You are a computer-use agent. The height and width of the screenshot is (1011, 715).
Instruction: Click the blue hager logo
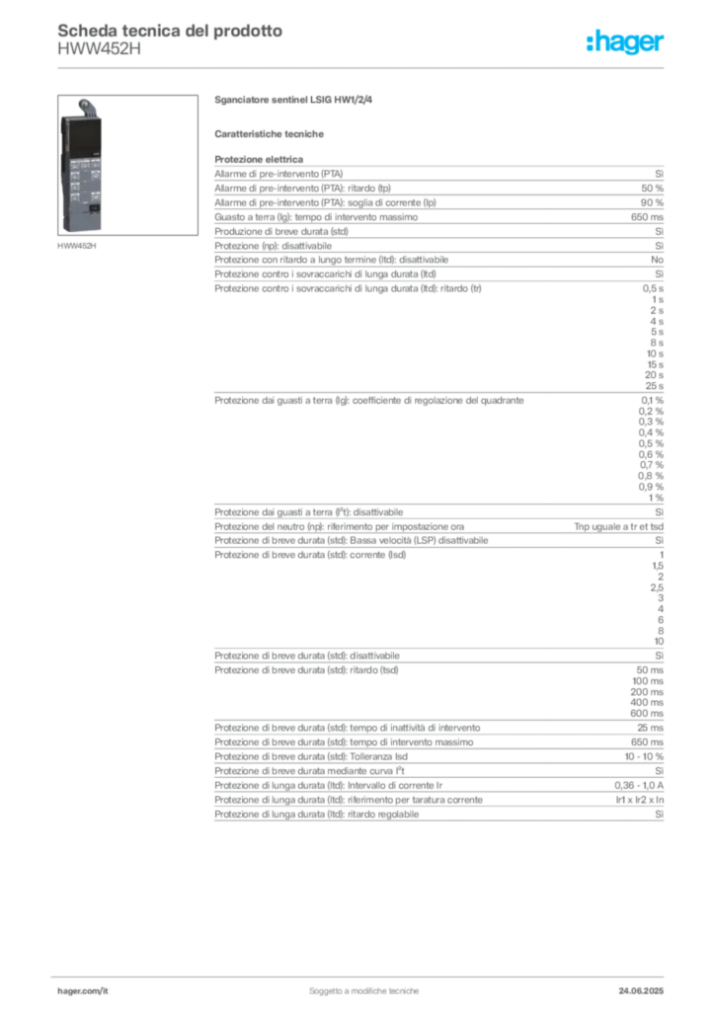627,43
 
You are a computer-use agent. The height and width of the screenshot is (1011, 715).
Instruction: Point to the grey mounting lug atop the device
86,105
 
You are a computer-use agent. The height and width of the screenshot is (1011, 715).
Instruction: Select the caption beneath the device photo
78,247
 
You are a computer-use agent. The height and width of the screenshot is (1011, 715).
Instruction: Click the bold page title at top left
169,30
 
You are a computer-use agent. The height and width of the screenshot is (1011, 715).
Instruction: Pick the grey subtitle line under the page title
99,55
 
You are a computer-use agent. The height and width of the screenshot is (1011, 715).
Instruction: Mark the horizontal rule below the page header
363,66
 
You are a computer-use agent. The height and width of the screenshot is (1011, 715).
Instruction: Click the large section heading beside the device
295,101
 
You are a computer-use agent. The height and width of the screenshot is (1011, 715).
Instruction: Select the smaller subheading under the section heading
272,133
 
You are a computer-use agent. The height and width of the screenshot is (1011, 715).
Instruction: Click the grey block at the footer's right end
644,984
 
